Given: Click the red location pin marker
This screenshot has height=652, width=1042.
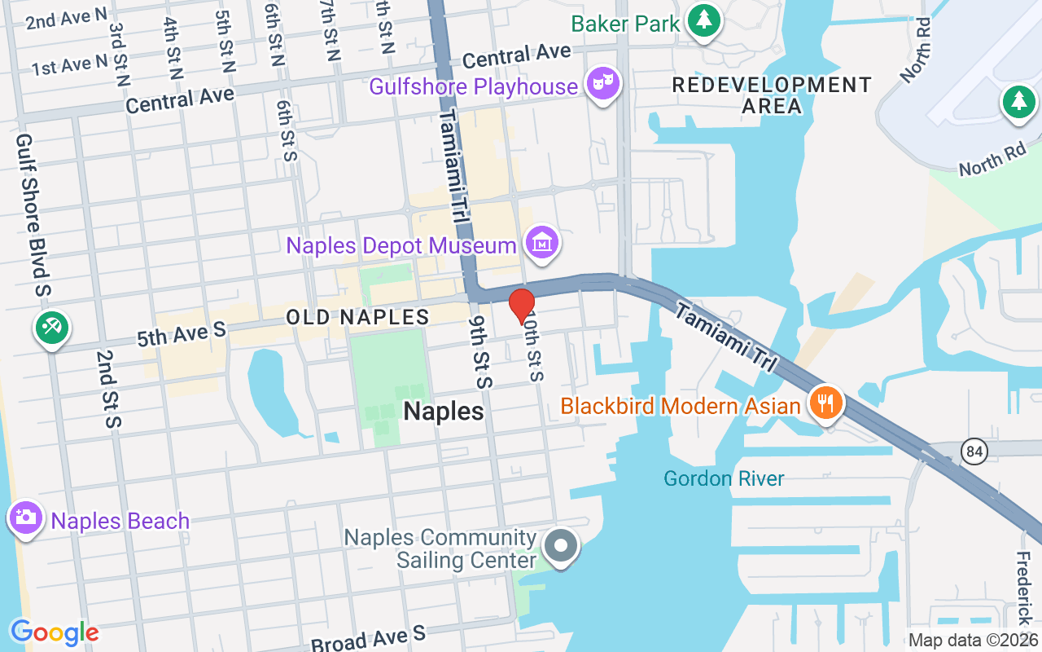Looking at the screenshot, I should [x=521, y=306].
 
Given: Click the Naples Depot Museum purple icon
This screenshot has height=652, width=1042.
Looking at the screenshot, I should [x=542, y=242].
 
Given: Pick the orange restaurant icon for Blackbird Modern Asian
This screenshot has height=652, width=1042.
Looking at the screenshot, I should [x=825, y=402].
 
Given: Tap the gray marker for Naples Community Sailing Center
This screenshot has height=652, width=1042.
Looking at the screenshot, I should [x=561, y=545].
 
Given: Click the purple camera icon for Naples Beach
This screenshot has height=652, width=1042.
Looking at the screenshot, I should [x=26, y=518].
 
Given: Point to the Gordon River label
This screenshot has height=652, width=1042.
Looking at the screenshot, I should [x=724, y=478].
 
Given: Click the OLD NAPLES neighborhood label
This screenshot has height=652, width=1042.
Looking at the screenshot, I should [x=357, y=317].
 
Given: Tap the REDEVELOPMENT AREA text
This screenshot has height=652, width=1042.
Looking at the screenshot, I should [x=771, y=95].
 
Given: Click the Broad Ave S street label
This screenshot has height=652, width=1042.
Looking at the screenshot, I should [x=368, y=638].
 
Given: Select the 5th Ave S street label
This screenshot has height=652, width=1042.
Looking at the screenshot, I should [x=180, y=333].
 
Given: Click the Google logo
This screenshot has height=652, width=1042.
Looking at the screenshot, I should [x=54, y=632].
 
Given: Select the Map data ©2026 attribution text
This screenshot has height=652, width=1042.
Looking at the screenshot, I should [x=973, y=641].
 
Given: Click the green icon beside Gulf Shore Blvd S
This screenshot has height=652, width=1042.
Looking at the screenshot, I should [x=52, y=328].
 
